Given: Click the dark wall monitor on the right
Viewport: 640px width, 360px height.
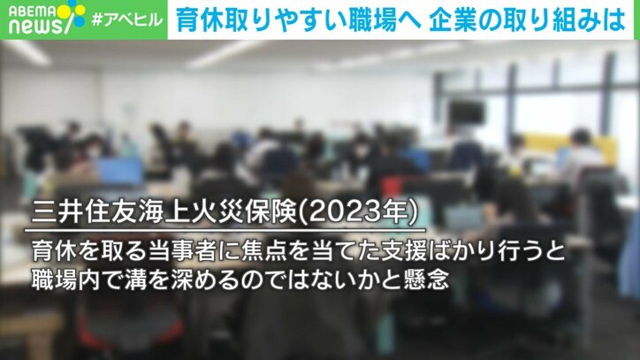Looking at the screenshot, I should [x=466, y=112].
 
